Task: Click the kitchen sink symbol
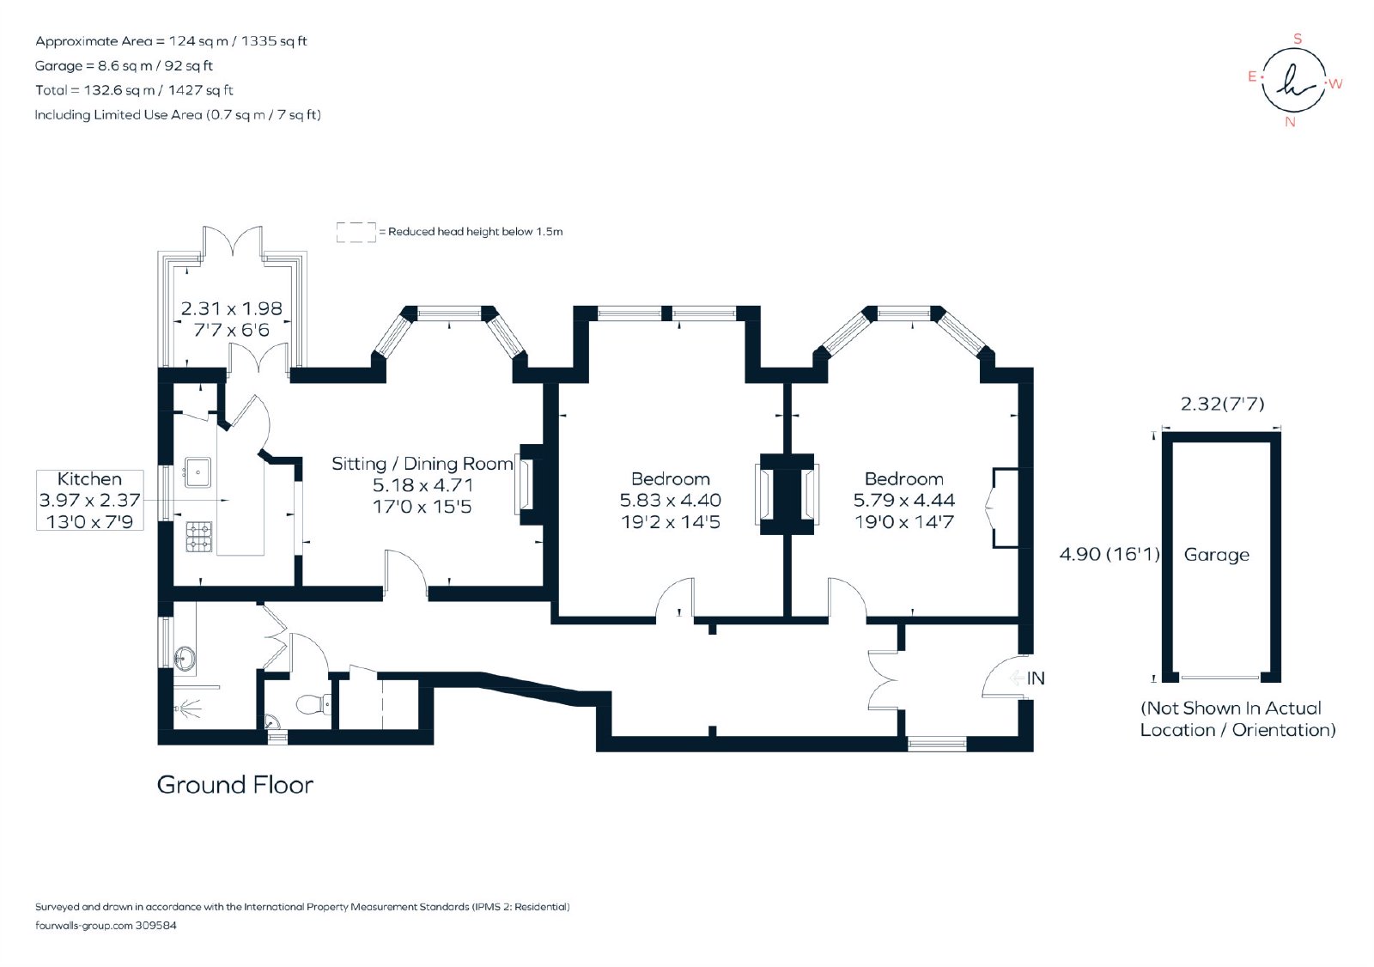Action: tap(198, 471)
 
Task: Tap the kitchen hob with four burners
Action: tap(198, 536)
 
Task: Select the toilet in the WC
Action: tap(313, 704)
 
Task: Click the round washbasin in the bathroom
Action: tap(184, 660)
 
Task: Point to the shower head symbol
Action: tap(188, 708)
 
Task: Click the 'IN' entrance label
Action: tap(1036, 678)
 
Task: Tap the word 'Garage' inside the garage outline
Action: tap(1216, 555)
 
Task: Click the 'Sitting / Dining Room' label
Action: tap(422, 463)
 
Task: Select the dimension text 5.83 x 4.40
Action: tap(671, 500)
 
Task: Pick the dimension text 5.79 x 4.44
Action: tap(904, 500)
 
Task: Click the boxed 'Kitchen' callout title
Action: tap(89, 478)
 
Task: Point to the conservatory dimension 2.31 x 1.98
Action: tap(231, 308)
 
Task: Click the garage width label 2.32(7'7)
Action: tap(1223, 404)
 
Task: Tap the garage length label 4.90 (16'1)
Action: tap(1110, 554)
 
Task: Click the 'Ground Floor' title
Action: tap(235, 785)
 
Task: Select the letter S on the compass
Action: tap(1298, 39)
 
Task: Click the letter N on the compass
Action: tap(1290, 122)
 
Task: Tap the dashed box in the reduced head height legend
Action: tap(356, 233)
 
